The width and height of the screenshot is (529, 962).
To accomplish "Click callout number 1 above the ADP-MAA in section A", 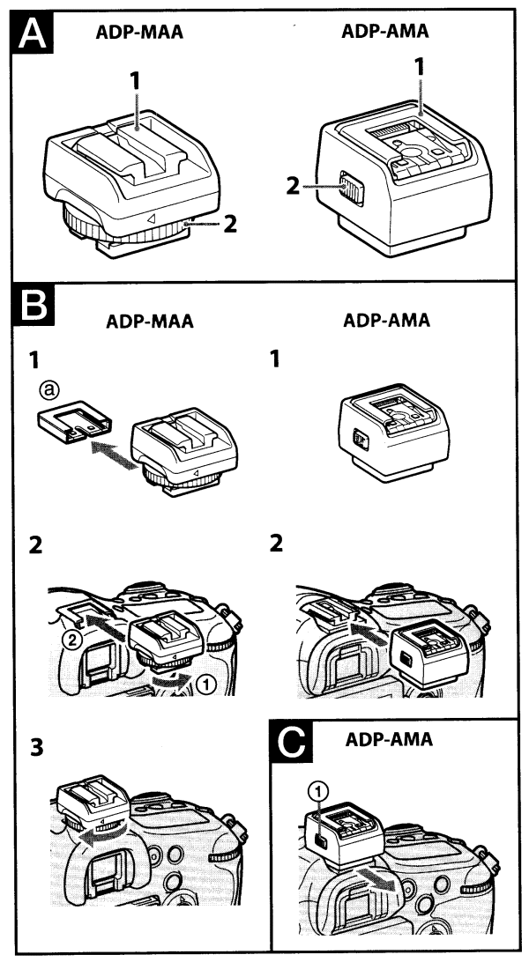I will pyautogui.click(x=135, y=79).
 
